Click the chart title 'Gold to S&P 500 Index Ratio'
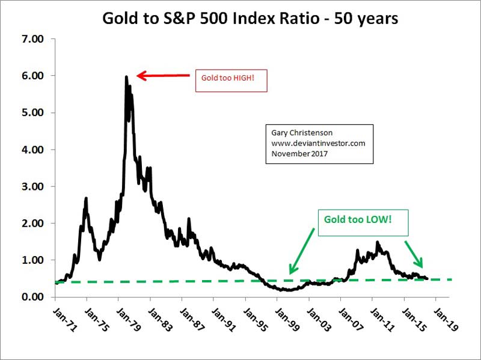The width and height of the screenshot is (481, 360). click(210, 19)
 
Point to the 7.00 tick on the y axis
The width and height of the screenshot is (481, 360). click(33, 39)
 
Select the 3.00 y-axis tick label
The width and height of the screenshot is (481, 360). click(33, 186)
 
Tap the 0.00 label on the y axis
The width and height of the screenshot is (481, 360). click(33, 297)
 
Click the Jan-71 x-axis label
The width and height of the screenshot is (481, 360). click(65, 320)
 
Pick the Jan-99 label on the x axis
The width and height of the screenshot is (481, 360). click(287, 320)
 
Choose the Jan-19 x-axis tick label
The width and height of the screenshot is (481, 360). click(446, 320)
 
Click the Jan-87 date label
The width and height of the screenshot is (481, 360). click(192, 320)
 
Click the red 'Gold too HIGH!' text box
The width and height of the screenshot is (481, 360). click(231, 81)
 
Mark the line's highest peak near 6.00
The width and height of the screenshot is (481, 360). click(126, 77)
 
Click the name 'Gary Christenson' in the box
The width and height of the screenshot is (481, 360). click(302, 133)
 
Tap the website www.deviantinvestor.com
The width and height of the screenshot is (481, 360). click(318, 143)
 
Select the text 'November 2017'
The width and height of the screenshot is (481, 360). click(299, 153)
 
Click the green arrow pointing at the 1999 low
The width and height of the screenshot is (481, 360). click(302, 251)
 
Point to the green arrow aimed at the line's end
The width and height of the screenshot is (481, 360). click(414, 254)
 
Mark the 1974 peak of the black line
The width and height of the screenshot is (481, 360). click(86, 198)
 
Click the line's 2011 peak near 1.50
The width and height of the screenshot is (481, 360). click(378, 242)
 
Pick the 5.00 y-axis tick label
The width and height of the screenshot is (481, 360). click(33, 112)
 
